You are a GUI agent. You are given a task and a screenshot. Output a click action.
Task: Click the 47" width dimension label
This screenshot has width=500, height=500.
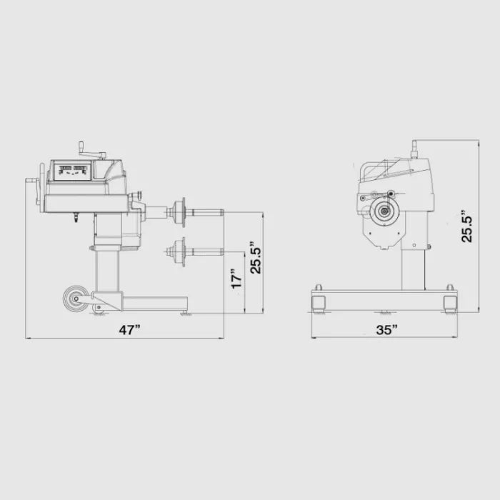tap(129, 330)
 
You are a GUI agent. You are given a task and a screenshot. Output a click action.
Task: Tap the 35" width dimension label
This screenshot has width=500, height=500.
tap(386, 330)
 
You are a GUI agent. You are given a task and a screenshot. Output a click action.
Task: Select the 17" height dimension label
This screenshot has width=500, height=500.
tap(237, 278)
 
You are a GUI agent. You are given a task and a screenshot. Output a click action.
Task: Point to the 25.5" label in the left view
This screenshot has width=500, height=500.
tap(256, 257)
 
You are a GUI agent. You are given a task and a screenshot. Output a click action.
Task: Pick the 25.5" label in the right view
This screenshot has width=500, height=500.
tap(467, 226)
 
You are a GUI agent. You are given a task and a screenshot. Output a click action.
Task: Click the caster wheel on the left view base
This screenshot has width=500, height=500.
tap(76, 299)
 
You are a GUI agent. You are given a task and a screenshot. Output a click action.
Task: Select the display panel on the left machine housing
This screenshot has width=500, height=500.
tap(73, 171)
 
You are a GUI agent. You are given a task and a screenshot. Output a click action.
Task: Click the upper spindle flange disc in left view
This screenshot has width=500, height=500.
tap(182, 211)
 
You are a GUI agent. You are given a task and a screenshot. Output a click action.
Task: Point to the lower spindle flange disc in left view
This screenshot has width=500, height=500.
tap(182, 252)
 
